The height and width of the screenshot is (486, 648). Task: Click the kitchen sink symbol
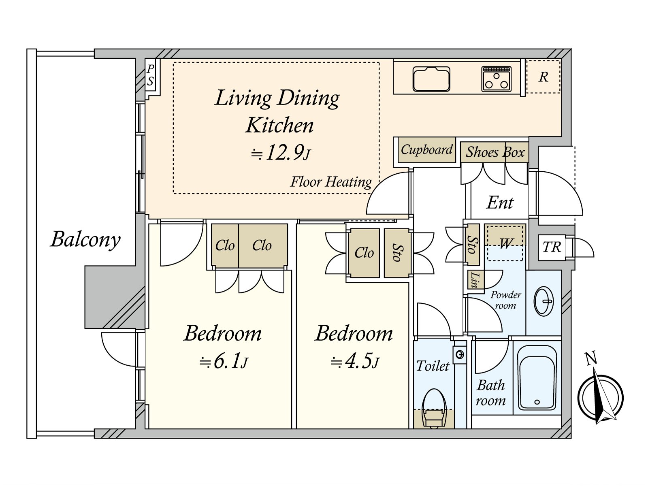click(x=431, y=79)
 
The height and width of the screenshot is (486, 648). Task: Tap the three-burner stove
click(x=496, y=79)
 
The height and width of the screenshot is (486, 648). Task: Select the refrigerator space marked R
click(x=543, y=77)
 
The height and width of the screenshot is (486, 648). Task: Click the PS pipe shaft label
click(x=151, y=75)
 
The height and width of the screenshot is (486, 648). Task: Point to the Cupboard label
click(x=426, y=149)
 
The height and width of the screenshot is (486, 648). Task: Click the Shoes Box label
click(x=495, y=152)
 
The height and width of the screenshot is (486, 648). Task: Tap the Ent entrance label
click(x=500, y=203)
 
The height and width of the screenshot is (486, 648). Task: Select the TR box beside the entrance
click(x=552, y=247)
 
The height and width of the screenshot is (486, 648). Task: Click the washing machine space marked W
click(x=505, y=243)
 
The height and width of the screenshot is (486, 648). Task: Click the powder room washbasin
click(x=543, y=303)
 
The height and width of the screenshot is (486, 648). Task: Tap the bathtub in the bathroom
click(x=537, y=378)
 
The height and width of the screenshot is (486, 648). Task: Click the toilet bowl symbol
click(x=434, y=408)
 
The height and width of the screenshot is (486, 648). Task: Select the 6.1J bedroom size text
click(x=224, y=362)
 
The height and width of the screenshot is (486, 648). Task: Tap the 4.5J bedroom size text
click(x=354, y=362)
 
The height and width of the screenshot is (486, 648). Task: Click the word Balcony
click(x=85, y=239)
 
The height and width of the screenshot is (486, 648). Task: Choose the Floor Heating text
click(x=331, y=182)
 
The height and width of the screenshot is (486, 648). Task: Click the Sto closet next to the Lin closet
click(x=472, y=245)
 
